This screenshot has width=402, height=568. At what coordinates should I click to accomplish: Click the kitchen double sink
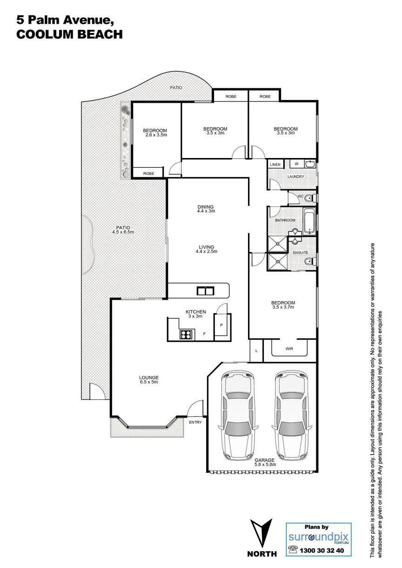click(205, 291)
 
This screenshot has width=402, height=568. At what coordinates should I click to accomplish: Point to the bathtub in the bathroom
click(309, 221)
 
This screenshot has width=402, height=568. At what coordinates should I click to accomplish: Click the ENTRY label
click(195, 422)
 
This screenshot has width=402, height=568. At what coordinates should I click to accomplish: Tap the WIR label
click(289, 349)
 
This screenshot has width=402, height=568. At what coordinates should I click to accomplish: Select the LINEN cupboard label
click(275, 165)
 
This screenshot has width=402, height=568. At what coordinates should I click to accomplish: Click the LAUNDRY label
click(295, 176)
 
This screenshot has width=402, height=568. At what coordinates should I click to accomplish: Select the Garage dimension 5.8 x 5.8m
click(265, 464)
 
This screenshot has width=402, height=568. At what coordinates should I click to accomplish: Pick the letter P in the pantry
click(221, 325)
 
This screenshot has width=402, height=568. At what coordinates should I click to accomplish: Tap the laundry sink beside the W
click(309, 164)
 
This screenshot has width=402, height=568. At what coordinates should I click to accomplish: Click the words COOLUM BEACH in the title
click(69, 34)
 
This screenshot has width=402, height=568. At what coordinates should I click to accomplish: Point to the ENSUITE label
click(301, 252)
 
